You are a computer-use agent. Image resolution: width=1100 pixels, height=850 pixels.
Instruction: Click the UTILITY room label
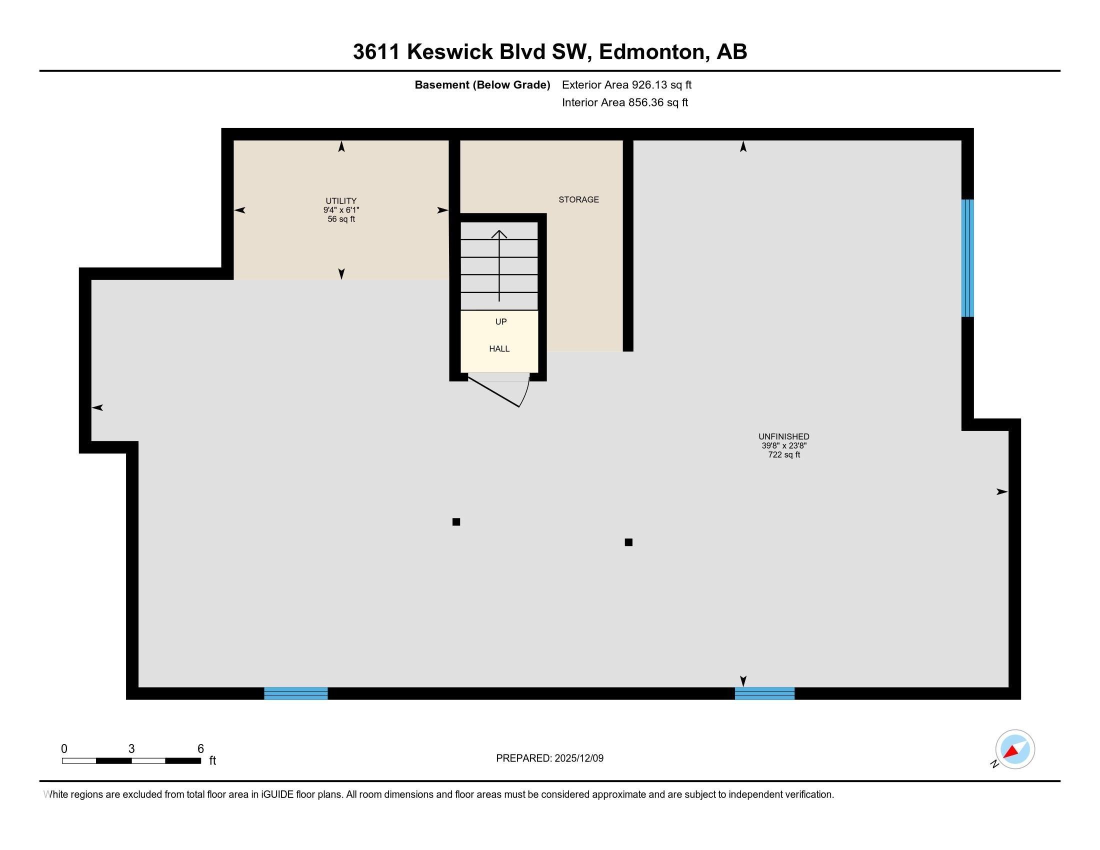point(341,200)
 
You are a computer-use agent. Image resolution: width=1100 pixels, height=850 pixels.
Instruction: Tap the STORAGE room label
point(578,199)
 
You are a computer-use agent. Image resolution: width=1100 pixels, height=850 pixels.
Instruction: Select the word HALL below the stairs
point(499,348)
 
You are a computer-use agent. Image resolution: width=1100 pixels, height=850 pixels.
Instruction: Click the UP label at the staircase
point(500,321)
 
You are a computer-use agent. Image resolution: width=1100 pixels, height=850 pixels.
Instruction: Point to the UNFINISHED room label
point(783,436)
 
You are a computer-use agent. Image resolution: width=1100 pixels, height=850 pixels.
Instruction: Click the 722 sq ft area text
point(783,454)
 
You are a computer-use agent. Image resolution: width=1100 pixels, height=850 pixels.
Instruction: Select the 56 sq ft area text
point(341,219)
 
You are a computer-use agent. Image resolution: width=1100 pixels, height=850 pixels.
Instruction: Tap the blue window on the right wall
point(967,258)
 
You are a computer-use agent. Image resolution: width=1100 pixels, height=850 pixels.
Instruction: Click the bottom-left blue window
point(295,693)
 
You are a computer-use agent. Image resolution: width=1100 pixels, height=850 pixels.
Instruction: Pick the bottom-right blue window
point(764,693)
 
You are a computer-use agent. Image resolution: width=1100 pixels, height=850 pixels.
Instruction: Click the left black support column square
point(456,521)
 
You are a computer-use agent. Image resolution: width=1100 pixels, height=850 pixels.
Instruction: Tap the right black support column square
point(628,542)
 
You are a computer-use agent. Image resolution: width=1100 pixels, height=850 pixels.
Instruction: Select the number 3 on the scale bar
point(131,749)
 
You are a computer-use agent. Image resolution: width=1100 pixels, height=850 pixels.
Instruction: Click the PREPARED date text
point(549,758)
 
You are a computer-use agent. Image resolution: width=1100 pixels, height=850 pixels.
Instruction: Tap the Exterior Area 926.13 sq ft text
point(626,84)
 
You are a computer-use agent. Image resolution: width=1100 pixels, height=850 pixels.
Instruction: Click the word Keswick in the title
point(450,52)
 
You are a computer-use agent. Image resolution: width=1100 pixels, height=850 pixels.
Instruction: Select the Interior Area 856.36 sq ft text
point(624,102)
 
